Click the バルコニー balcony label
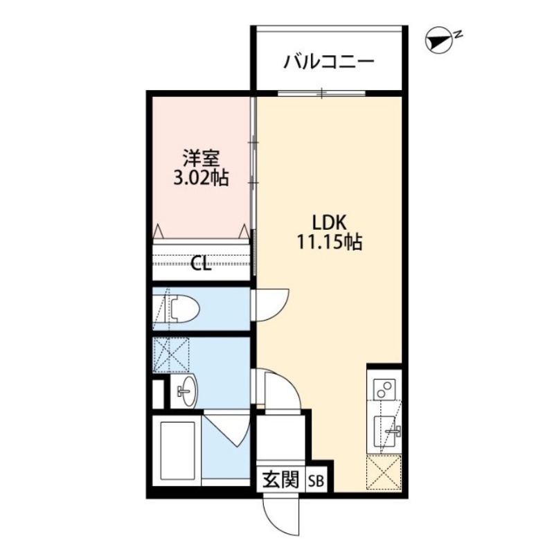tap(328, 62)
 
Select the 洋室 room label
tap(199, 157)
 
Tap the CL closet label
tap(201, 264)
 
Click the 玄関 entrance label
tap(281, 479)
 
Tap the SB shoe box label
tap(316, 480)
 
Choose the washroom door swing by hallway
tap(280, 392)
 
